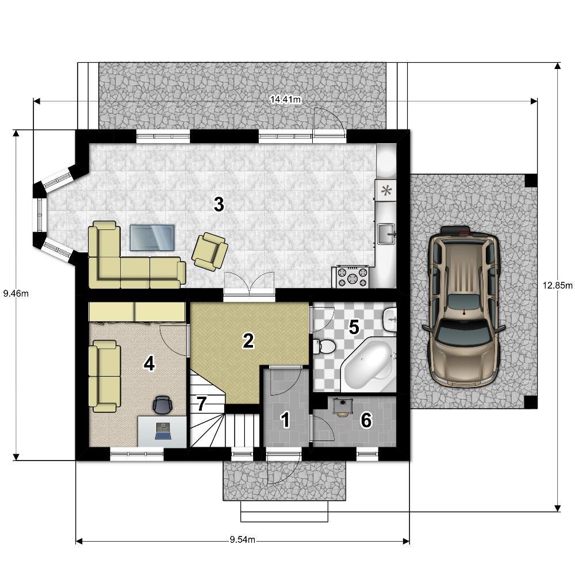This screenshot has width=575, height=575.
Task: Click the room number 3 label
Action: [x=219, y=204]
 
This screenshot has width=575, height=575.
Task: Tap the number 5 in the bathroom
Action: [x=354, y=327]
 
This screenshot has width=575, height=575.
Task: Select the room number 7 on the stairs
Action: [x=201, y=404]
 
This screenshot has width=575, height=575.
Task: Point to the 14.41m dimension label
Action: [x=286, y=99]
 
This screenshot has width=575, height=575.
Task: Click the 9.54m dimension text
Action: [x=243, y=540]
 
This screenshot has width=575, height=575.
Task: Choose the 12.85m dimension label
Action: [x=558, y=285]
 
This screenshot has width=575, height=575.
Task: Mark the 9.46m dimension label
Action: [x=16, y=293]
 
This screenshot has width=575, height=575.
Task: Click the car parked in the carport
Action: [x=463, y=306]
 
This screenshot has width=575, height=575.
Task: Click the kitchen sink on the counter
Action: [x=386, y=233]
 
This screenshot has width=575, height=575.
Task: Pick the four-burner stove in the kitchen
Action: [x=352, y=277]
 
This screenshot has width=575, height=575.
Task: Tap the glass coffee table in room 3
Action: [x=152, y=237]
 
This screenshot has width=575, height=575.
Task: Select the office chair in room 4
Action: [x=163, y=404]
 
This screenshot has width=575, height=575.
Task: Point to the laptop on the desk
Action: [x=163, y=431]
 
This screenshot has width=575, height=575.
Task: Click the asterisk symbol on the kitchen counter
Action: [x=386, y=190]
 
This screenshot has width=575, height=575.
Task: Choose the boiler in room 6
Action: [x=343, y=407]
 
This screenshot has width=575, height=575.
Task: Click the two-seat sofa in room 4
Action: [x=105, y=376]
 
